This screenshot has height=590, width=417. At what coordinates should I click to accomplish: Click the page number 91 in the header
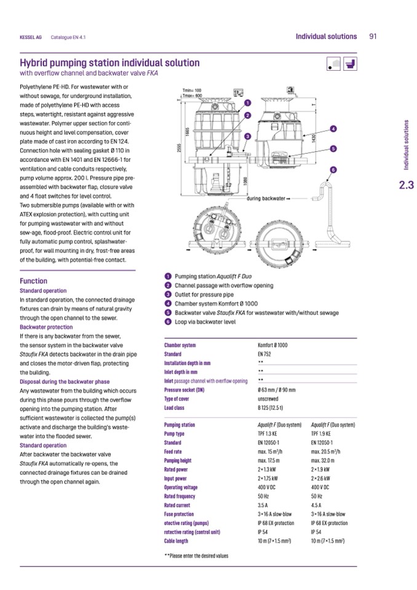tap(373, 36)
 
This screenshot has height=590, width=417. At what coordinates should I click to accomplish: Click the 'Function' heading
tap(34, 281)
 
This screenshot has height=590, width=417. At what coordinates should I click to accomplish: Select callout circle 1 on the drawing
tap(247, 102)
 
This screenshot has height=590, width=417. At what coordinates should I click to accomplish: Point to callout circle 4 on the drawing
tap(333, 128)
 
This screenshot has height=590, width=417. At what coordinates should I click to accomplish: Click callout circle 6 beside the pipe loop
tap(333, 169)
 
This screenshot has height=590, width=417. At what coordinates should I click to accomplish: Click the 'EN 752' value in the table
tap(264, 354)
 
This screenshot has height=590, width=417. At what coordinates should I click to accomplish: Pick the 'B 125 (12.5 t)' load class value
tap(271, 407)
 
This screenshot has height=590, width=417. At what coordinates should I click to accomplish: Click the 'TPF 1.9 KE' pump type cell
tap(322, 433)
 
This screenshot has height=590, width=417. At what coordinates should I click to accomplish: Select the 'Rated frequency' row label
tap(180, 496)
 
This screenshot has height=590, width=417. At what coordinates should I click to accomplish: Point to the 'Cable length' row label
tap(177, 541)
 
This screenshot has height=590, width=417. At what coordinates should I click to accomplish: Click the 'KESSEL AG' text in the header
tap(30, 37)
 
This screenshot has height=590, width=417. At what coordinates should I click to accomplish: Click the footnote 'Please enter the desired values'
tap(196, 556)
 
